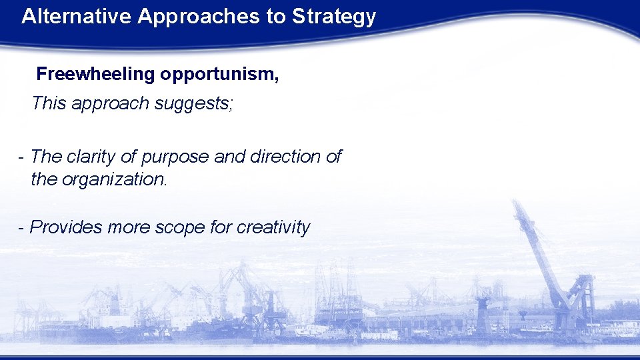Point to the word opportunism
pyautogui.click(x=219, y=74)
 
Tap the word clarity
pyautogui.click(x=95, y=157)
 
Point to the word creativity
pyautogui.click(x=273, y=227)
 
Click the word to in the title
pyautogui.click(x=275, y=17)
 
